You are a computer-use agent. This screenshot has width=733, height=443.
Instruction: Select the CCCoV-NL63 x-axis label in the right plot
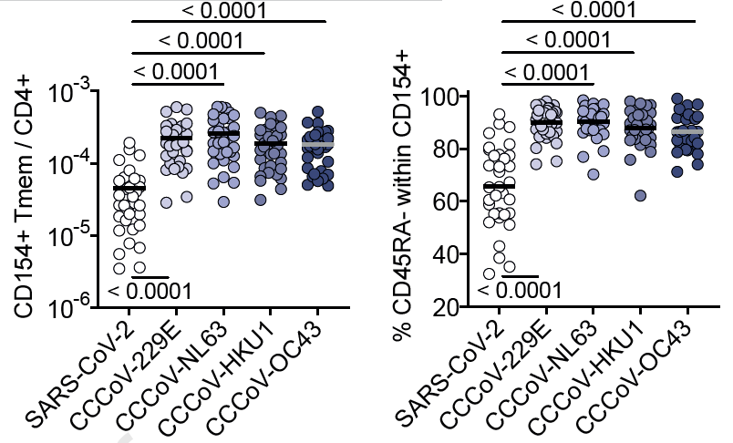[547, 374]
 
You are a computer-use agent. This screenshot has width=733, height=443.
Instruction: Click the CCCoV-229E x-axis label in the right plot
[500, 374]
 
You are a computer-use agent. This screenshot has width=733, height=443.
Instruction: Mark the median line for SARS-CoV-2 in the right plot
[499, 186]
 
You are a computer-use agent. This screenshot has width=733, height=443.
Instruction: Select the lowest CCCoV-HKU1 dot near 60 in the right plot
[641, 196]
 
